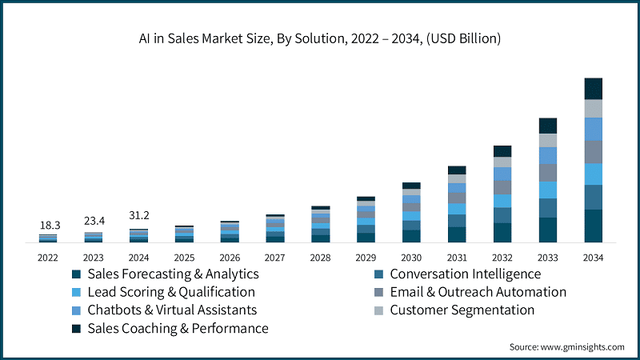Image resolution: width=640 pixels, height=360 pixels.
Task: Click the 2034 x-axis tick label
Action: (594, 257)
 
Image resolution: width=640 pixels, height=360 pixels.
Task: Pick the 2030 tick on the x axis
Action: (411, 257)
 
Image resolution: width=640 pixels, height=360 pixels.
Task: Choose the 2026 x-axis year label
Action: (230, 257)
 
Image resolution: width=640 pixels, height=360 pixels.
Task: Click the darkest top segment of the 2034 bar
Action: (594, 89)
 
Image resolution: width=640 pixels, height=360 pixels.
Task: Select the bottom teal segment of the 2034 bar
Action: (594, 226)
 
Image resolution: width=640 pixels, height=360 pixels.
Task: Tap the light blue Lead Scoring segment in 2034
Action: (594, 174)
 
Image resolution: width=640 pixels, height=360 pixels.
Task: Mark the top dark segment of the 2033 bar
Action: (547, 126)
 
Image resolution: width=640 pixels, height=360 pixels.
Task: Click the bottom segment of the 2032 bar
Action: (502, 232)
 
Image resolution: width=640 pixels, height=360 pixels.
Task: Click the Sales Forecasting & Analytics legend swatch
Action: (76, 274)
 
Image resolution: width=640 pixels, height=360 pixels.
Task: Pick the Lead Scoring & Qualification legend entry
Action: (171, 292)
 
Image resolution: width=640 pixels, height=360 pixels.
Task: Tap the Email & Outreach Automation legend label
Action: (478, 292)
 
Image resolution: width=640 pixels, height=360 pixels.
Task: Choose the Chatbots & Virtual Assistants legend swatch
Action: (76, 310)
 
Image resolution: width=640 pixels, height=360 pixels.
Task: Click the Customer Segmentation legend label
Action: (462, 310)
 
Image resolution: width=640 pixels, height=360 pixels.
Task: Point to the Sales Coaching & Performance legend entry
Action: (178, 328)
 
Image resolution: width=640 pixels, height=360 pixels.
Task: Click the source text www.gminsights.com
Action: (567, 347)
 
